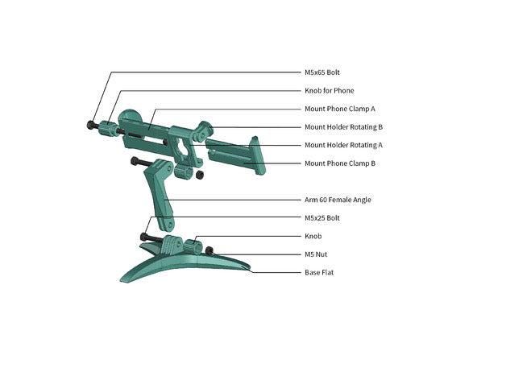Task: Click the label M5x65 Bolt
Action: (322, 72)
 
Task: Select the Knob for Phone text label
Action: (330, 91)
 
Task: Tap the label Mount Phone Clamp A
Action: (340, 109)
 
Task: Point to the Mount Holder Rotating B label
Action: (343, 127)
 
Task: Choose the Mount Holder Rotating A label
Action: (343, 145)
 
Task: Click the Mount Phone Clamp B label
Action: (340, 163)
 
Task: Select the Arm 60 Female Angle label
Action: (338, 200)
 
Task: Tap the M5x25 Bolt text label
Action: (322, 218)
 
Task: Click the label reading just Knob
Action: (313, 236)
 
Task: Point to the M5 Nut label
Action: (316, 254)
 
